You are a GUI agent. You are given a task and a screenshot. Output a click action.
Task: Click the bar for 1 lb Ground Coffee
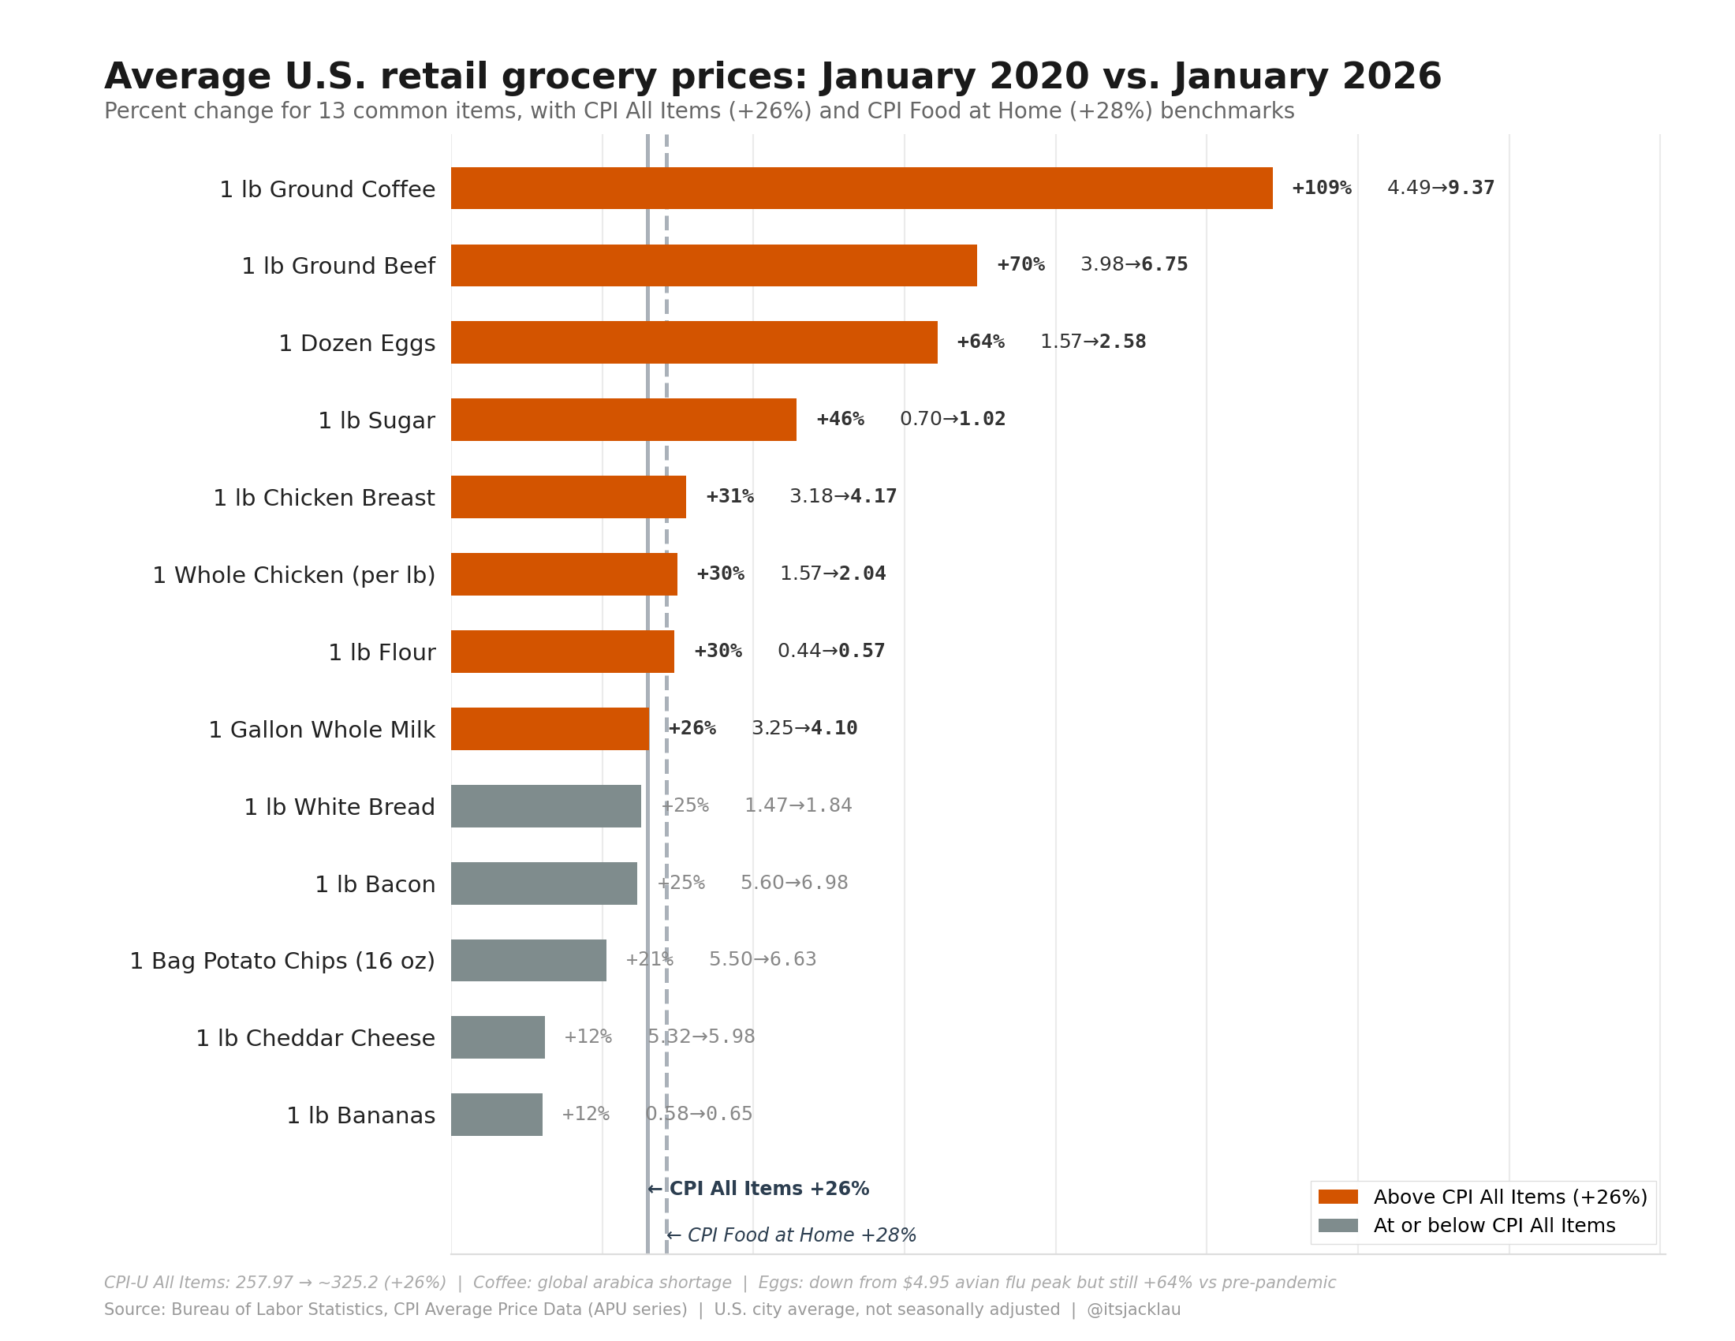[x=861, y=189]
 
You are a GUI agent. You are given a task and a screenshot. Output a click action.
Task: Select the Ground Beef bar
[x=714, y=265]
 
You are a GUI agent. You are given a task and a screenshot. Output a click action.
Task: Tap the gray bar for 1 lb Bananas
[x=497, y=1115]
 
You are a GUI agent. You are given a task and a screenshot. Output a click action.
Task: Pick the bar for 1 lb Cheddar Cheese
[x=498, y=1037]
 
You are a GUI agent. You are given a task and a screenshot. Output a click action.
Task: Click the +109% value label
[x=1321, y=189]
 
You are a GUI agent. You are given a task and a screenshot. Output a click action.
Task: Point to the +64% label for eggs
[x=980, y=342]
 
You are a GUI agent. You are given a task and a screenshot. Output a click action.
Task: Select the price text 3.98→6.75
[x=1133, y=264]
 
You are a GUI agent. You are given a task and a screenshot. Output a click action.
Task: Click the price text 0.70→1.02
[x=953, y=420]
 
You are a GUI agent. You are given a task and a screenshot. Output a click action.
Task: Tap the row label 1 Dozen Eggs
[x=356, y=343]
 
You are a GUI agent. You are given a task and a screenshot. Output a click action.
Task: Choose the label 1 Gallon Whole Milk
[x=322, y=730]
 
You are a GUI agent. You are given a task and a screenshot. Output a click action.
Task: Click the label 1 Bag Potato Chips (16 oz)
[x=282, y=962]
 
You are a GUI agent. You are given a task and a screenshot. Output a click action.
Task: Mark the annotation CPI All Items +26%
[x=767, y=1189]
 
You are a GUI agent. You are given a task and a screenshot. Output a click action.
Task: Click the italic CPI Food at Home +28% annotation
[x=800, y=1235]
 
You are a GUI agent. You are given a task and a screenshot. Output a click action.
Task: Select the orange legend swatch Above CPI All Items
[x=1338, y=1197]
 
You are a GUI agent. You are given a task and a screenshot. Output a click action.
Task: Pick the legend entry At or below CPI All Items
[x=1494, y=1226]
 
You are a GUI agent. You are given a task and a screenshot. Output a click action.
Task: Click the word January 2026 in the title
[x=1307, y=77]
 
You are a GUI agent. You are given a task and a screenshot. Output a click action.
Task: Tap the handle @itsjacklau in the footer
[x=1132, y=1309]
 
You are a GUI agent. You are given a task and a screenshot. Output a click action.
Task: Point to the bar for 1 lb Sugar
[x=624, y=420]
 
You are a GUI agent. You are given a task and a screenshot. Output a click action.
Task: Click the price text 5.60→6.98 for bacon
[x=793, y=883]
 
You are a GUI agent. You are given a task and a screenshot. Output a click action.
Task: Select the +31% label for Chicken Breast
[x=729, y=496]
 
